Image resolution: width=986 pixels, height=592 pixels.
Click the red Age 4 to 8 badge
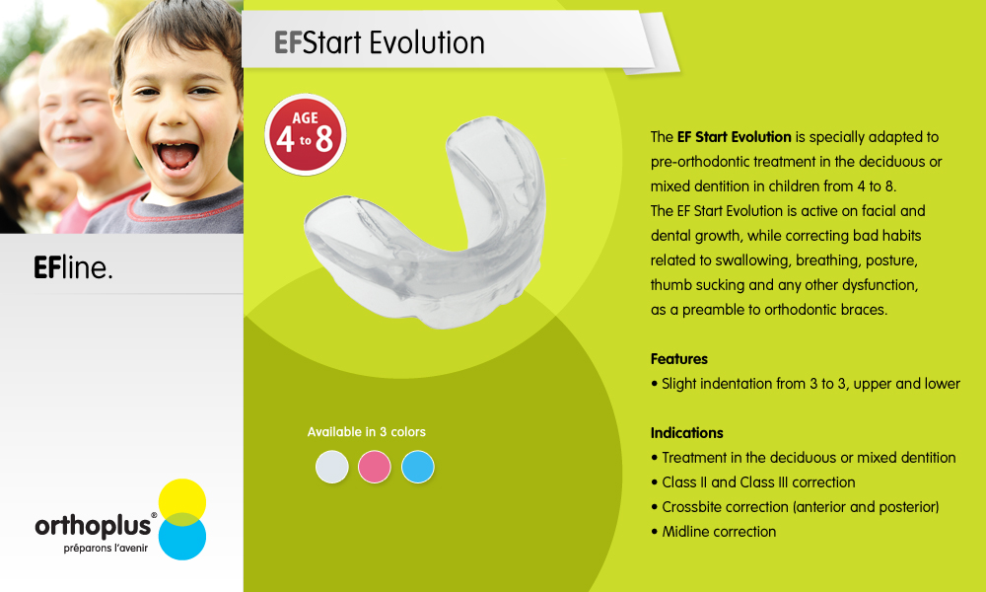coord(306,134)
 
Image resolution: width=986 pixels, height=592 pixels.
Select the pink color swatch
coord(374,467)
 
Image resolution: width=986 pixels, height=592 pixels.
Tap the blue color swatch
coord(417,467)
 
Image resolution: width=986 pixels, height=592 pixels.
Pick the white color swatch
coord(332,467)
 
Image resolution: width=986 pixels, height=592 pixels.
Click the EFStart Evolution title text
coord(380,42)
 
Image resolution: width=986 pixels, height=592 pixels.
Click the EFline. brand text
coord(73,267)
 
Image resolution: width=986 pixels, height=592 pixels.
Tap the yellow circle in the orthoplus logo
coord(182,502)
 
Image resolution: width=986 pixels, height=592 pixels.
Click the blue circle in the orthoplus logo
coord(182,537)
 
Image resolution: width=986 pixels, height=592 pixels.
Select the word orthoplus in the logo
coord(93,526)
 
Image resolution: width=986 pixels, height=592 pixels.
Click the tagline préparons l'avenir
coord(106,549)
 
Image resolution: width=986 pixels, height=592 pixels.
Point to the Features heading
coord(679,359)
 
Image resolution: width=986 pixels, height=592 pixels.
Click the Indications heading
coord(686,433)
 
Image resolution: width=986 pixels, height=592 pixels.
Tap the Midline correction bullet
coord(714,532)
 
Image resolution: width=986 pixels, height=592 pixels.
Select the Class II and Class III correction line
coord(753,482)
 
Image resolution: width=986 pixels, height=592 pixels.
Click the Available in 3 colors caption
coord(367,432)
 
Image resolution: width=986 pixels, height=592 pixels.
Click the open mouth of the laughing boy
coord(176,155)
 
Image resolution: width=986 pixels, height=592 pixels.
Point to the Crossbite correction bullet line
coord(795,507)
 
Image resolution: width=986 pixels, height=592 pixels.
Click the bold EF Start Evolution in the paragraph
coord(734,137)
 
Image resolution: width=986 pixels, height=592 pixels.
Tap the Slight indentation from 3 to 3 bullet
coord(806,384)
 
